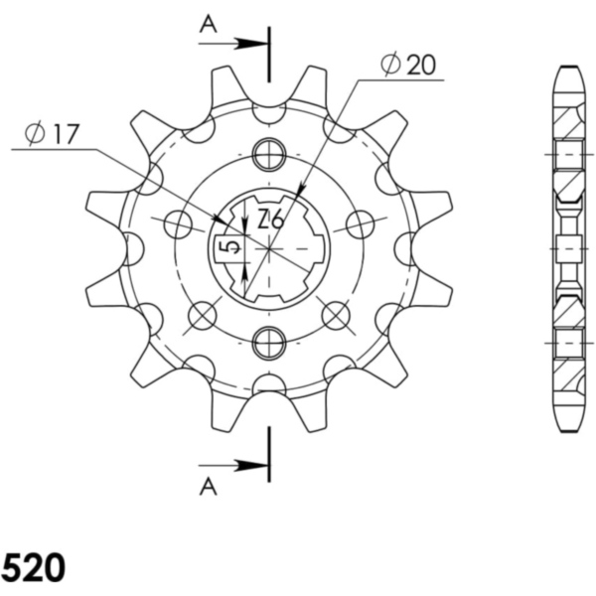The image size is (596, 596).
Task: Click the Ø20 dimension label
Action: tap(407, 66)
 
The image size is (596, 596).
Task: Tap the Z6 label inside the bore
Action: tap(270, 221)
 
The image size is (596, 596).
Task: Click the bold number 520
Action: tap(34, 568)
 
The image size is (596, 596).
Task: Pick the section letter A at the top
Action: tap(208, 25)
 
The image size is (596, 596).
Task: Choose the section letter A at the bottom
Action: tap(208, 485)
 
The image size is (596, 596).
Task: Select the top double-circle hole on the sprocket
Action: tap(268, 154)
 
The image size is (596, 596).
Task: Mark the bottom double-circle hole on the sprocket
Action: tap(268, 344)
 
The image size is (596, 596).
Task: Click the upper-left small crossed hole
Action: tap(179, 224)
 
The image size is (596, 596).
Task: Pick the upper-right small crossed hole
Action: tap(358, 224)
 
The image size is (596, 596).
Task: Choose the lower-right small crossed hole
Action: tap(337, 316)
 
